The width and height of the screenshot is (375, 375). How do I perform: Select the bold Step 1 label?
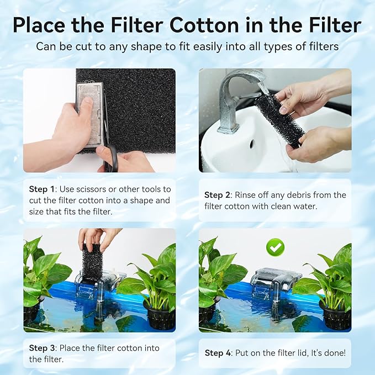click(42, 189)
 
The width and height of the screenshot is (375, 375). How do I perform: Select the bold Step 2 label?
click(217, 195)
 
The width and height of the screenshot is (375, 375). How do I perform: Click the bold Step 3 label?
click(42, 347)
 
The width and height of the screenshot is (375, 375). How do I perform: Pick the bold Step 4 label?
click(218, 352)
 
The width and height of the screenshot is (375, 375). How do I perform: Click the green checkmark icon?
click(274, 247)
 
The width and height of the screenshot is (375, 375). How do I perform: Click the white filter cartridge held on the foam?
click(89, 113)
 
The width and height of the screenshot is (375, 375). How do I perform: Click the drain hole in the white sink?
click(251, 144)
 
